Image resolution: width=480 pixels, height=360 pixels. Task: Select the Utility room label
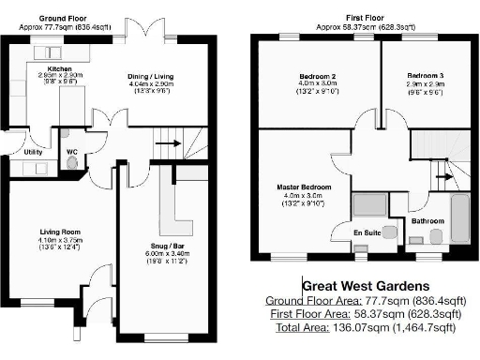click(33, 152)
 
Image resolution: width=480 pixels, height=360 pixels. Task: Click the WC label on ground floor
click(72, 151)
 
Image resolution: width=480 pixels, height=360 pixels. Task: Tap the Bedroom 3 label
click(426, 74)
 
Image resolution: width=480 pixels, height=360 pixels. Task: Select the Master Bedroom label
click(301, 187)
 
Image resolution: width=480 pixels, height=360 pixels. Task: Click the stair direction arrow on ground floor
click(168, 143)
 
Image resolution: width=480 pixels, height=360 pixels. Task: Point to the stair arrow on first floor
click(449, 172)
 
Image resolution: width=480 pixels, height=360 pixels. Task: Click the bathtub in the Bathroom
click(458, 219)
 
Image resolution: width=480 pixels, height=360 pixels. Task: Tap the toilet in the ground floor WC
click(72, 162)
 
